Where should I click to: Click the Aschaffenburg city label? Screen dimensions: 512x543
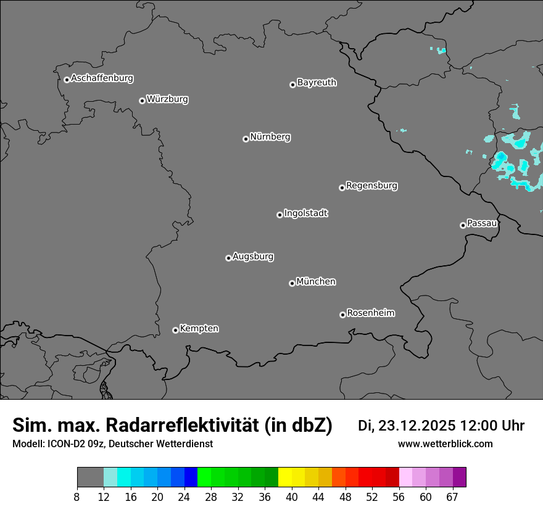tap(102, 78)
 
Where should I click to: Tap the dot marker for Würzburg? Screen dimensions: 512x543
tap(142, 101)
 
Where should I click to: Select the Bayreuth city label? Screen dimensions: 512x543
tap(317, 83)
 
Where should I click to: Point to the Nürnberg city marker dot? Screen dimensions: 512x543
tap(246, 139)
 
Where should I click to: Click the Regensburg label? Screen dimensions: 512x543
tap(371, 186)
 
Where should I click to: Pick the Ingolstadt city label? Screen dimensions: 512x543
tap(305, 213)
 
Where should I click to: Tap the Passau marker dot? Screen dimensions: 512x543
tap(463, 225)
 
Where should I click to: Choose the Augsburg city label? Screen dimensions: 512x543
tap(253, 257)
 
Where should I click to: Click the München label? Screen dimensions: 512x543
tap(316, 282)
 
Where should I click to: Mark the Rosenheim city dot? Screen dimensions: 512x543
tap(342, 315)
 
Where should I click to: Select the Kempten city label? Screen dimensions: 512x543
tap(199, 329)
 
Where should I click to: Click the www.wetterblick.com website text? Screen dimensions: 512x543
tap(445, 444)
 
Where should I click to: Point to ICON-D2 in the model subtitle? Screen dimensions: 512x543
tap(67, 444)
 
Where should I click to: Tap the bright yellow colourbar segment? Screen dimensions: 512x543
tap(284, 477)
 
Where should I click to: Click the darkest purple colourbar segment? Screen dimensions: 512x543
tap(459, 477)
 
